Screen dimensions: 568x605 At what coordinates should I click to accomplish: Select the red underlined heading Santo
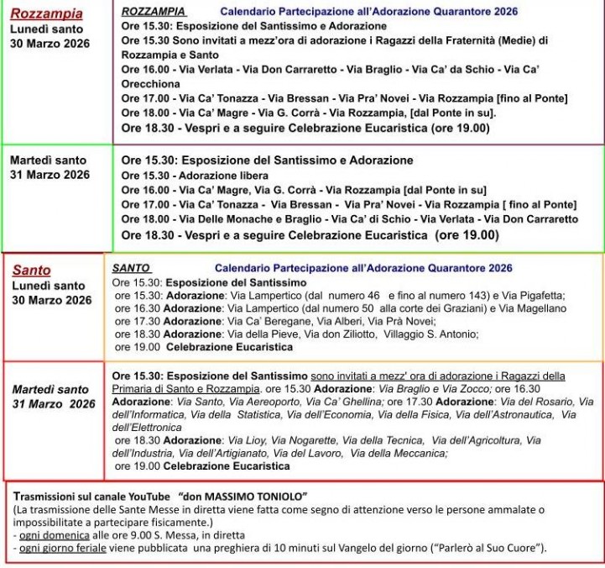32,271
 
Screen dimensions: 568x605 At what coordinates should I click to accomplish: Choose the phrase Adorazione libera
217,176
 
